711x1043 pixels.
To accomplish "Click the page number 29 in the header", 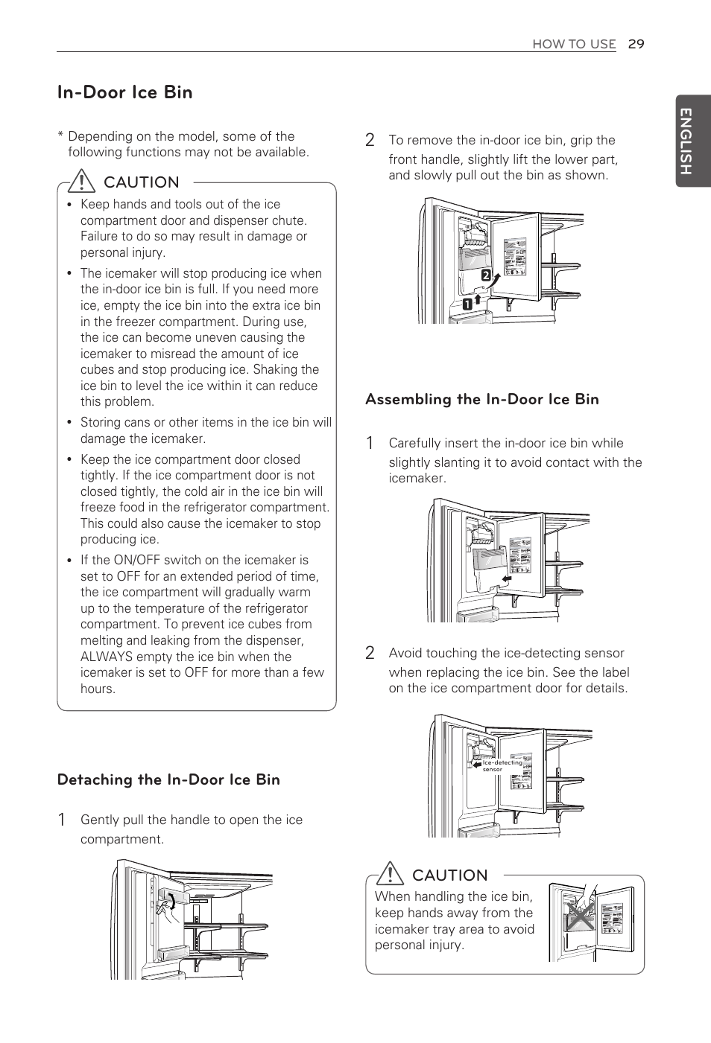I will [636, 44].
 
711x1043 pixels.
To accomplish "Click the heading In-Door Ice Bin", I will [125, 92].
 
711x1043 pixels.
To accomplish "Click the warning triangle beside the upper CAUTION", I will [80, 181].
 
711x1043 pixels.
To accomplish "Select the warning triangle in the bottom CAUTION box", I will [389, 873].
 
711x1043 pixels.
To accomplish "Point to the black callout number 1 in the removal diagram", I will [467, 304].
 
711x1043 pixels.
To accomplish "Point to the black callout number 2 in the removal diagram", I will [486, 275].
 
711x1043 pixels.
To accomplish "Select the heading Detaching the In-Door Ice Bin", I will [168, 779].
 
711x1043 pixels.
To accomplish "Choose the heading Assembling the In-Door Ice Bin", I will [481, 399].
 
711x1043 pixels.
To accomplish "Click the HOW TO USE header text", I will [574, 44].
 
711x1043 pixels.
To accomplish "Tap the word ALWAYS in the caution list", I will [105, 657].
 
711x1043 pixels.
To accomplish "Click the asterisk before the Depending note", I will [60, 136].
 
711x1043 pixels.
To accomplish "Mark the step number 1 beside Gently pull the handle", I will [62, 820].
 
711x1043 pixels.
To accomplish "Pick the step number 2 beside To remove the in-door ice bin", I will [370, 140].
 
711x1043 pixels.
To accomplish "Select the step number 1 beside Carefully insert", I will [370, 443].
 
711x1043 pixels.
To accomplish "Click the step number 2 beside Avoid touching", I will [370, 653].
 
